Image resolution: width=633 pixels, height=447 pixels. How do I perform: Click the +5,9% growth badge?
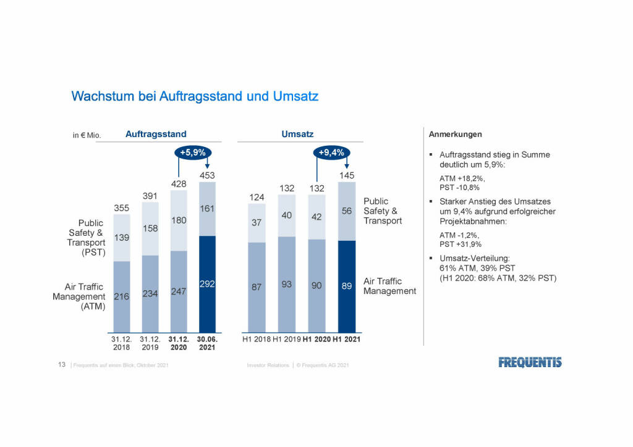tap(193, 152)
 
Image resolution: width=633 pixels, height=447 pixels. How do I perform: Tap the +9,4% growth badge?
tap(331, 152)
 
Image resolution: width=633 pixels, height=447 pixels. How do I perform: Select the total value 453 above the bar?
tap(207, 176)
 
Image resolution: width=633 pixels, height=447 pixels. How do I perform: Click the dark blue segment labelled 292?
tap(207, 284)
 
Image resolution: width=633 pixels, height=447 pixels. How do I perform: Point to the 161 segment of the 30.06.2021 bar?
tap(207, 209)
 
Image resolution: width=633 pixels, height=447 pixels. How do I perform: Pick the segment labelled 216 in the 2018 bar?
tap(122, 296)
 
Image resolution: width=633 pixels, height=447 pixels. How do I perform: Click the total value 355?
tap(122, 208)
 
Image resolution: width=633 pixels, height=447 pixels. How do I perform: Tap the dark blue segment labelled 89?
tap(346, 286)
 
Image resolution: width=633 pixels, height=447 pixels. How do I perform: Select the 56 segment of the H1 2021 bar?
tap(346, 211)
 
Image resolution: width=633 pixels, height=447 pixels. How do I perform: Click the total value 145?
tap(346, 176)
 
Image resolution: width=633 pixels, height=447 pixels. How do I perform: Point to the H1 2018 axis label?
tap(257, 340)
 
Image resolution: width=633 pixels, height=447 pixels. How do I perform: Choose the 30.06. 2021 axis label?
tap(207, 343)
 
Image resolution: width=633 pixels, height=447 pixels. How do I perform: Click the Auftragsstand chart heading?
tap(156, 134)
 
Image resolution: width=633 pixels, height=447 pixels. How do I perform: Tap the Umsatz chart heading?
tap(298, 134)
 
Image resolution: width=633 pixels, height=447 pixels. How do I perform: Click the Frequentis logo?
tap(530, 362)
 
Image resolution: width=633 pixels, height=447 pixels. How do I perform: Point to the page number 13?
tap(62, 366)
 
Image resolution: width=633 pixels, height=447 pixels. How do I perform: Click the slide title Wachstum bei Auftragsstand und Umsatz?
tap(195, 96)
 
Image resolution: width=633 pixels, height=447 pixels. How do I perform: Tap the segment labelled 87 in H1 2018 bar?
tap(256, 287)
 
